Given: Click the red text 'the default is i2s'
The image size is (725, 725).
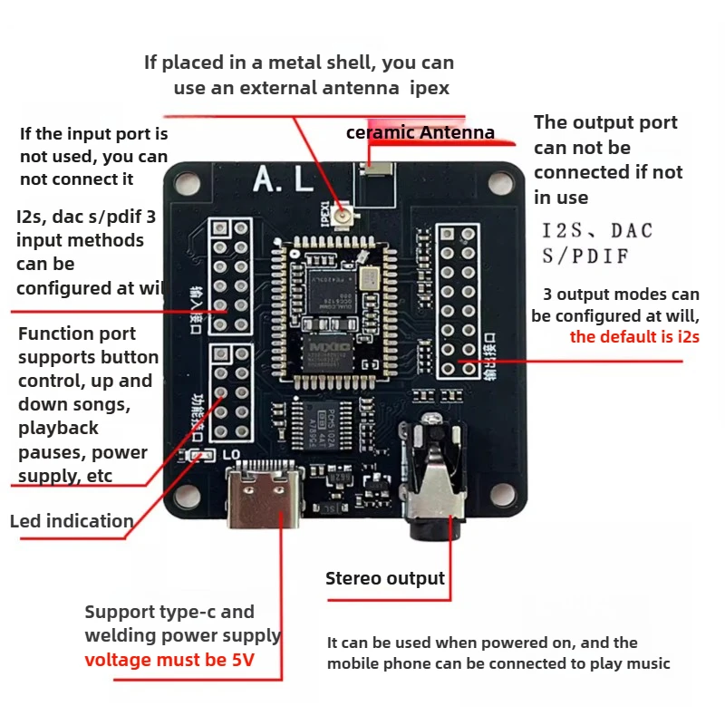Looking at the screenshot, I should click(x=634, y=338).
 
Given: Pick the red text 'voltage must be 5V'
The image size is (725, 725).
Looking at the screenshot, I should click(x=169, y=661).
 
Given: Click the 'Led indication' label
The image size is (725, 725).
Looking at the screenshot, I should click(x=72, y=521).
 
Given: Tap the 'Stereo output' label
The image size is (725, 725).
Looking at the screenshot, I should click(x=385, y=578).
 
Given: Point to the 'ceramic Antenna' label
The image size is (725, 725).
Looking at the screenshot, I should click(x=420, y=133).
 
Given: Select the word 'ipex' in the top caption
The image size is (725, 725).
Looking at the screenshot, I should click(x=429, y=88).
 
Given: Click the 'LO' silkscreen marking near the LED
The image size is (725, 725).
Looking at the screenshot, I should click(x=232, y=453).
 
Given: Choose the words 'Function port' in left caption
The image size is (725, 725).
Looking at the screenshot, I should click(x=77, y=333).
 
